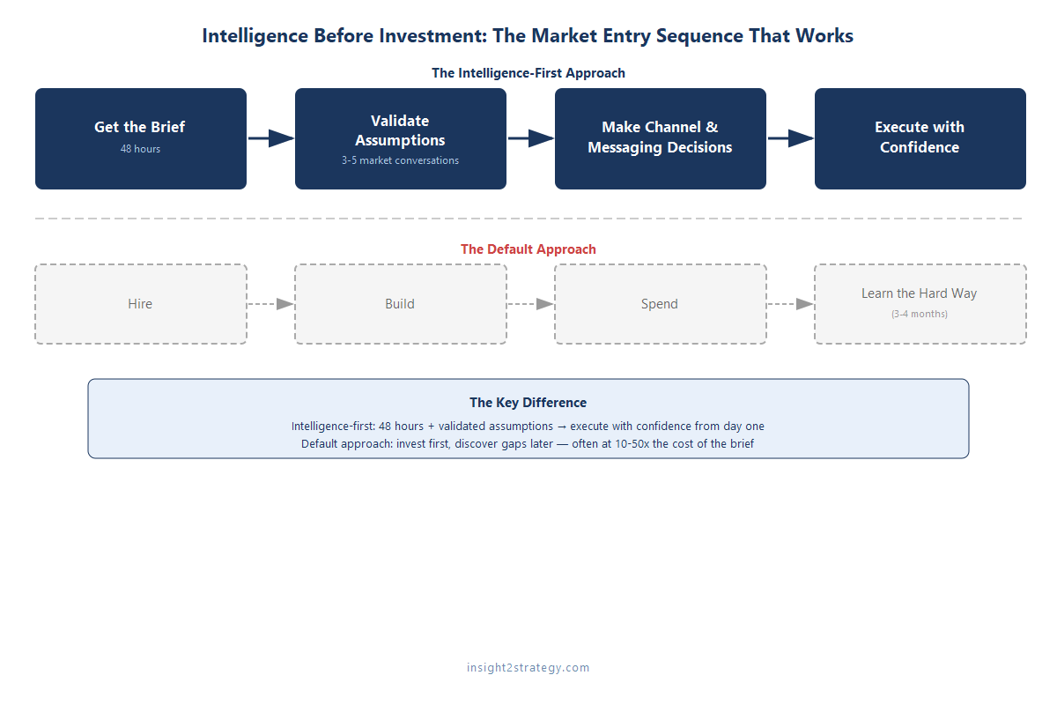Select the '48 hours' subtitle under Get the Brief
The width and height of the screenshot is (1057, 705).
(x=140, y=149)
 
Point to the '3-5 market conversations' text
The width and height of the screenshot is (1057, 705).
(x=400, y=160)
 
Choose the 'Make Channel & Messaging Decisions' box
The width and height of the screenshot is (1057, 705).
(x=660, y=138)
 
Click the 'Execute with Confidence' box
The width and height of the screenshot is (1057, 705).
(x=920, y=138)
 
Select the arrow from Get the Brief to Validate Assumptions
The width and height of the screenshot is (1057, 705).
(x=270, y=138)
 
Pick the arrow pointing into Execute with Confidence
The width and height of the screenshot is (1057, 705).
(x=790, y=138)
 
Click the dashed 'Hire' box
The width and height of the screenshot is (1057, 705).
(x=140, y=304)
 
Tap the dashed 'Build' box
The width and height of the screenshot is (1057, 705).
(x=400, y=304)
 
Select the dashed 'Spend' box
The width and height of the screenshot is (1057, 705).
(x=660, y=304)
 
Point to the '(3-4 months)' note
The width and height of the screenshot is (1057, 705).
(x=920, y=314)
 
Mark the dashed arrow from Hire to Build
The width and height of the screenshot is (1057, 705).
(x=270, y=304)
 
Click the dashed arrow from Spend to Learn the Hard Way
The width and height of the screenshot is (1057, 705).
(x=790, y=304)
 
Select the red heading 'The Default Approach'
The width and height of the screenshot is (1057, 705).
(x=528, y=249)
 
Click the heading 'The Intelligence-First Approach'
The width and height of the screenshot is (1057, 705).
(x=528, y=73)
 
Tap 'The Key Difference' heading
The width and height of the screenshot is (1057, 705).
(x=528, y=403)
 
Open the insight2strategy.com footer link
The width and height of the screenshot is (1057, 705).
(x=528, y=667)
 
